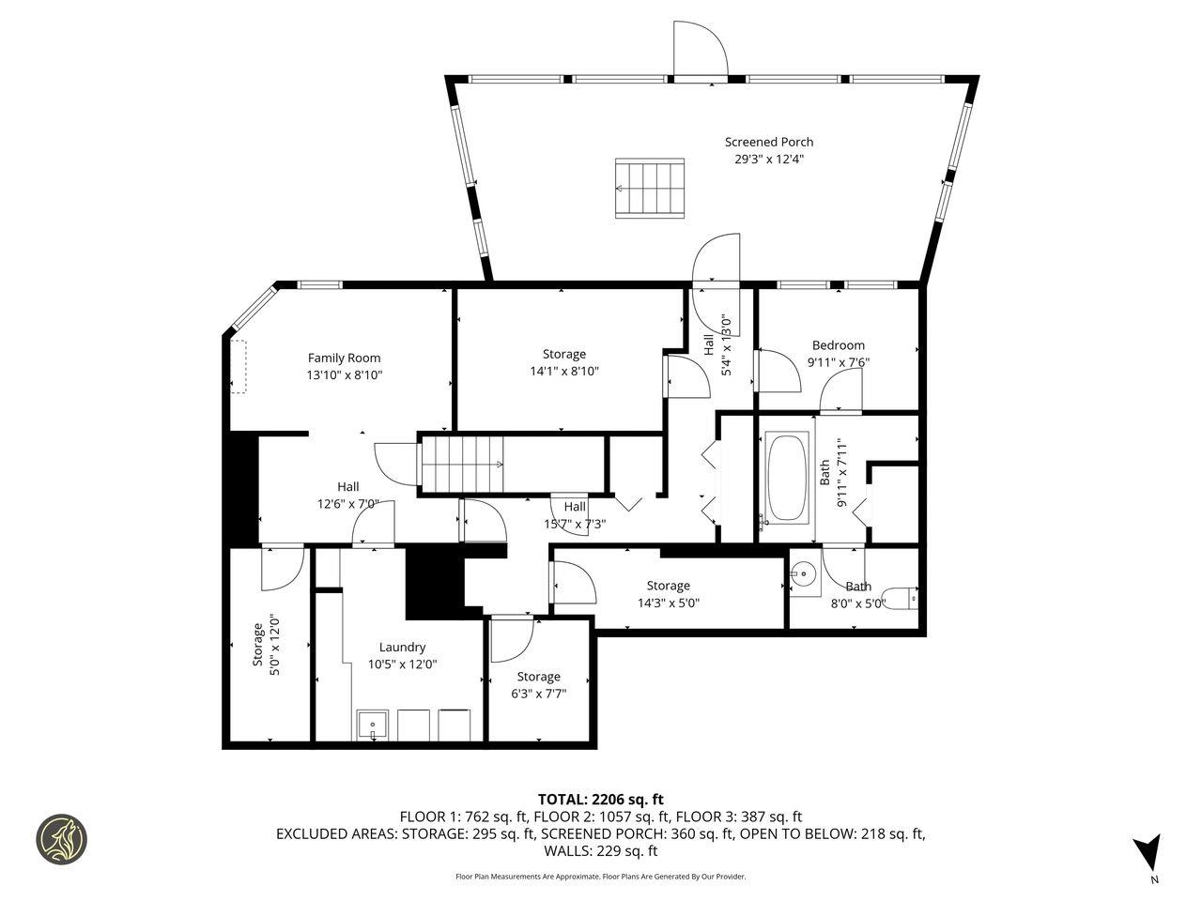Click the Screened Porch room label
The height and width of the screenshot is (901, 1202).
768,142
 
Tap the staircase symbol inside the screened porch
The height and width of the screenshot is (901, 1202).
651,188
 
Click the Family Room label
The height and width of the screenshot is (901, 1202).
345,358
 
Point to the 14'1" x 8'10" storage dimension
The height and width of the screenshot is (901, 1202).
563,371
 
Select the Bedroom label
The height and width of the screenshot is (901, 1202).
838,344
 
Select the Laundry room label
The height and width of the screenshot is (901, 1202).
402,647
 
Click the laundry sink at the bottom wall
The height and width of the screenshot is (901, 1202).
373,725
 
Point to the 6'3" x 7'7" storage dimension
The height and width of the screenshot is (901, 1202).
538,694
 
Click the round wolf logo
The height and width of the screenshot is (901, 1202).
61,838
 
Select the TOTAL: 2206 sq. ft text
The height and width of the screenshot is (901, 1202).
600,800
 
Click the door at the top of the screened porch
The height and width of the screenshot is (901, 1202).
700,52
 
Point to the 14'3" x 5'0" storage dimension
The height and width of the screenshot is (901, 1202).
668,603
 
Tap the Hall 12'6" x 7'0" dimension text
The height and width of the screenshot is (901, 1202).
348,503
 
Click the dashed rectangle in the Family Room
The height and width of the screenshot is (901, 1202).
239,367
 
